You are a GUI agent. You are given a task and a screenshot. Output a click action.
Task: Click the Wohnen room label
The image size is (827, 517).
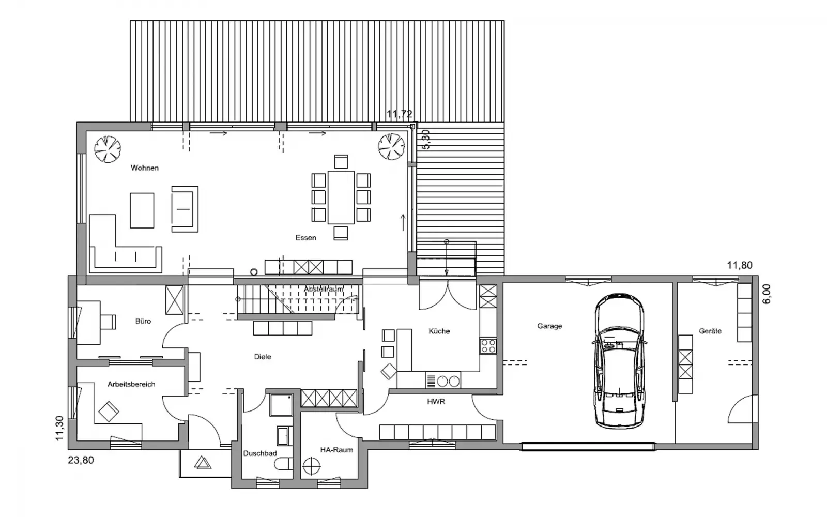(x=144, y=168)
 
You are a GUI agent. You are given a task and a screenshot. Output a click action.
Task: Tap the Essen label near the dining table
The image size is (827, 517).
(x=305, y=238)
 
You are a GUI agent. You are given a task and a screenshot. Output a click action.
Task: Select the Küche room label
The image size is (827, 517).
(x=439, y=331)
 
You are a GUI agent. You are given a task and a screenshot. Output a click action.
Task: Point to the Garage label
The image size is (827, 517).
(x=549, y=326)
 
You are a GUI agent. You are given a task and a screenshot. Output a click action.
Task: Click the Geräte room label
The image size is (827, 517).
(x=710, y=331)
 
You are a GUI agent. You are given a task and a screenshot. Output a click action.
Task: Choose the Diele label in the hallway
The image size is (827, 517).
(x=263, y=357)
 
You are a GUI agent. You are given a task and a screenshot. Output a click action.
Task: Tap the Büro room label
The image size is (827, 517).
(x=143, y=321)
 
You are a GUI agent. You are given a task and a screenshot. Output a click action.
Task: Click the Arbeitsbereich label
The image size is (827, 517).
(x=131, y=384)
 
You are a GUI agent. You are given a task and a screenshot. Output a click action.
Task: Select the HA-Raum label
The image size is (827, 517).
(x=336, y=450)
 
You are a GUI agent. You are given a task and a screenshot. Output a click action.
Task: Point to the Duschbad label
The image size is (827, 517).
(x=260, y=453)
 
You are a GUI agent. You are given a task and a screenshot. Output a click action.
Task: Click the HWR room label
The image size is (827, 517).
(x=436, y=401)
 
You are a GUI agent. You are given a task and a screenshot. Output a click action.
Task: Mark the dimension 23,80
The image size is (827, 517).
(x=81, y=460)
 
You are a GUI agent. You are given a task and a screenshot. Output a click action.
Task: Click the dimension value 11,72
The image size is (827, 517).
(x=400, y=114)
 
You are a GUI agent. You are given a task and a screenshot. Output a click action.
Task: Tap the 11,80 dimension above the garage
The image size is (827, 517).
(x=740, y=265)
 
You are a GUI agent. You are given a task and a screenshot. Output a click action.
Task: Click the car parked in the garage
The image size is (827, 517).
(x=620, y=361)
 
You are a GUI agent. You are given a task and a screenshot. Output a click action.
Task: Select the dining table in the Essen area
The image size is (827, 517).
(x=341, y=197)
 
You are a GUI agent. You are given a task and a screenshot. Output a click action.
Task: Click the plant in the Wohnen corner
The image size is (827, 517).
(x=108, y=149)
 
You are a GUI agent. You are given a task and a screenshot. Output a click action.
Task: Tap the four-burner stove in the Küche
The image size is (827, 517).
(x=488, y=346)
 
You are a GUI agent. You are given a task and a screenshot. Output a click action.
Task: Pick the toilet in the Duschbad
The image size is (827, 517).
(x=284, y=464)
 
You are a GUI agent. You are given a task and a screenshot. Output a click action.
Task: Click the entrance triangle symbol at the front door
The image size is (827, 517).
(x=203, y=463)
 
